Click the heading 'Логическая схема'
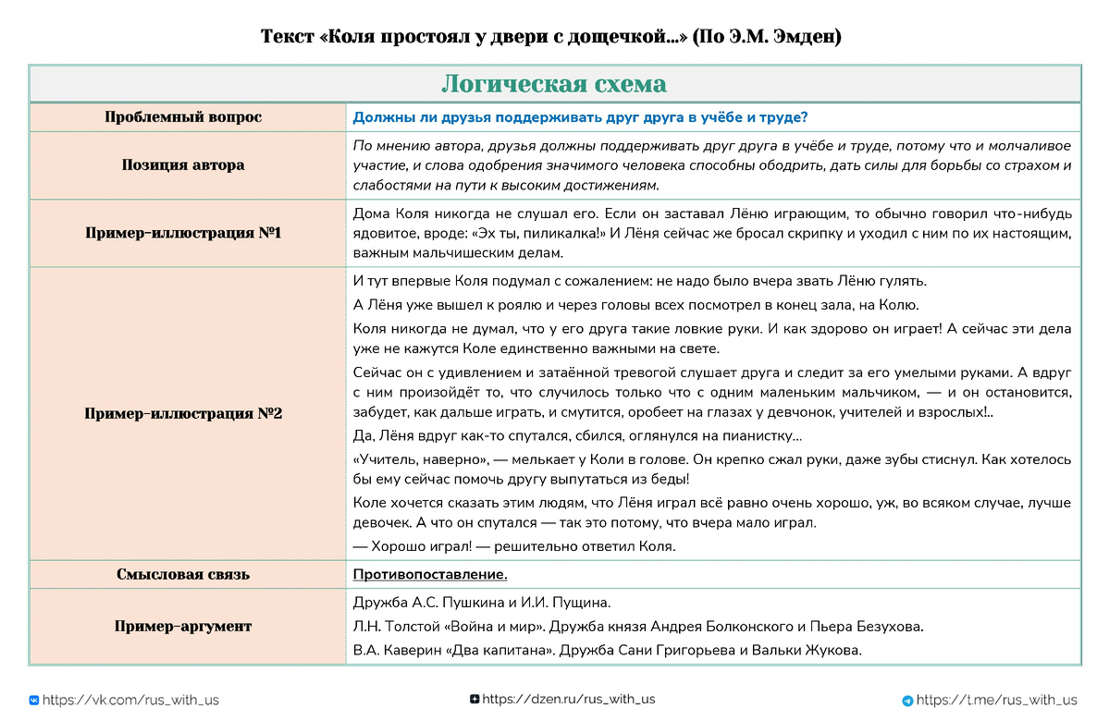[554, 84]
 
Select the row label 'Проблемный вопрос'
[183, 117]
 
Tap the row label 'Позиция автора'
[183, 165]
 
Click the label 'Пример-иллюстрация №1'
[183, 233]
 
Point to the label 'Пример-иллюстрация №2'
[183, 414]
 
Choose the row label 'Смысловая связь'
[183, 575]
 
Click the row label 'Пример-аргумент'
[183, 627]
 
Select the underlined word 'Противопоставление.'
[430, 575]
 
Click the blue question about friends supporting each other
[581, 117]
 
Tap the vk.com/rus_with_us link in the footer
[130, 701]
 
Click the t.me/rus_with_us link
[997, 701]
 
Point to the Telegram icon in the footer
[907, 701]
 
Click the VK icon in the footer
[34, 701]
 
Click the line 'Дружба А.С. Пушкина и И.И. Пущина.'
[482, 604]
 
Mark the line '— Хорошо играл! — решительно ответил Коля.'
[514, 546]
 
